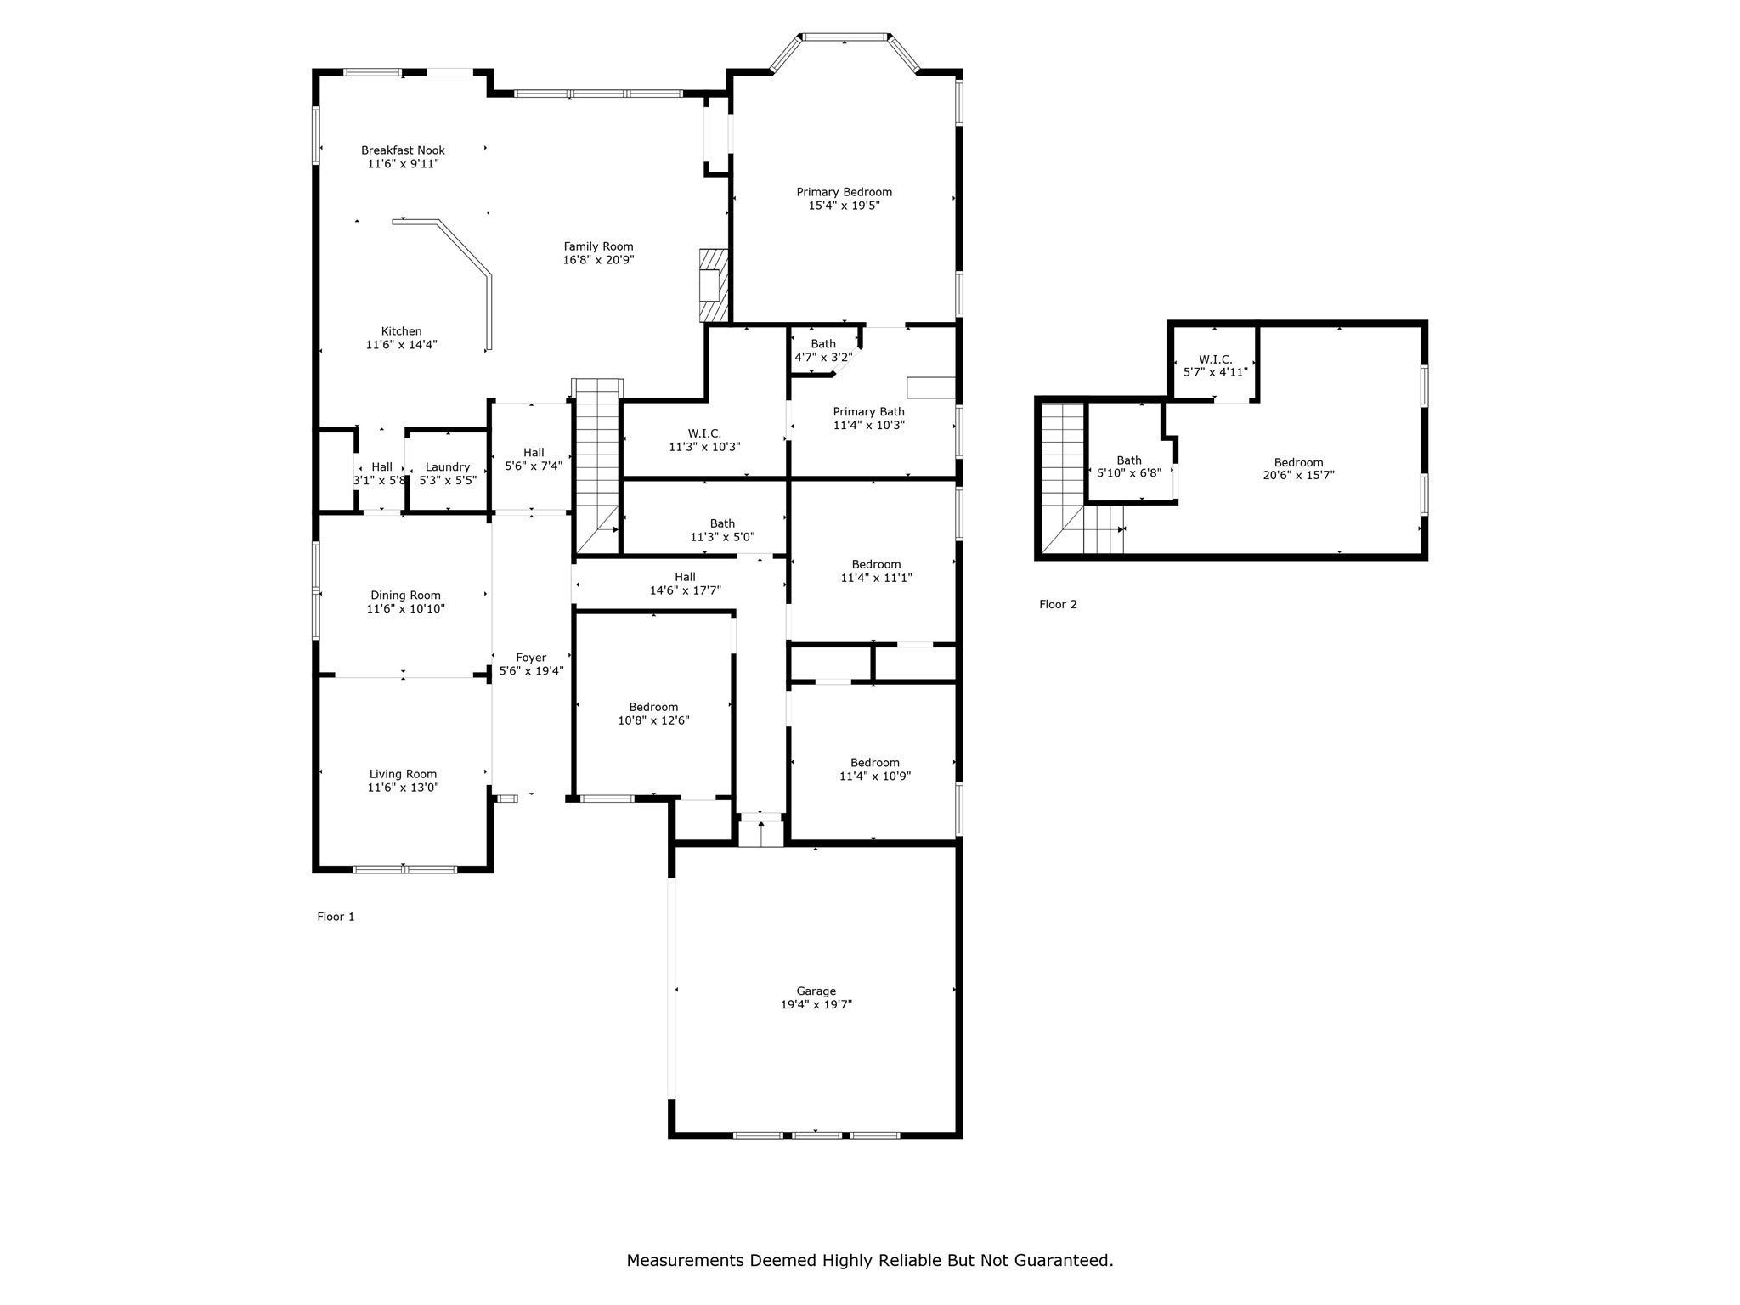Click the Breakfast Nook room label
point(403,150)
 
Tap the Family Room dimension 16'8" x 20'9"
point(598,260)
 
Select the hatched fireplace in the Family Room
point(713,285)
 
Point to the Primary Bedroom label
point(844,192)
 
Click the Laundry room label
point(447,466)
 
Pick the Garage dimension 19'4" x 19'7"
point(816,1004)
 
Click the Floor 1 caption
point(336,917)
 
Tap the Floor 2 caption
point(1058,605)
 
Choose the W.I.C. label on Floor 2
point(1215,359)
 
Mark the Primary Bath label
point(868,412)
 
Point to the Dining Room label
point(405,596)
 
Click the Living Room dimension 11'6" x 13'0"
point(403,788)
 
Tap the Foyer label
point(531,658)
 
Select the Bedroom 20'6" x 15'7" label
point(1298,463)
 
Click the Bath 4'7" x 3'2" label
point(822,344)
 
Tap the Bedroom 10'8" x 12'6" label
point(653,707)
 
